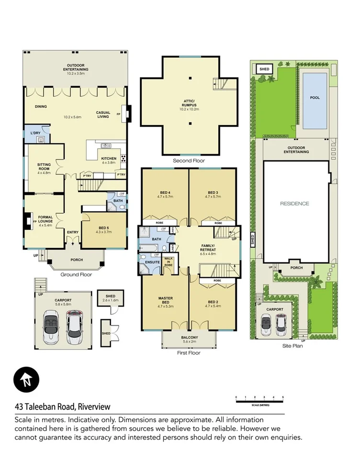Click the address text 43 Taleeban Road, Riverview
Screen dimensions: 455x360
(x=62, y=407)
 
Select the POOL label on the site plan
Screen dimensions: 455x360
(x=315, y=98)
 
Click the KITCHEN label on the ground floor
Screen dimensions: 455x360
(x=109, y=159)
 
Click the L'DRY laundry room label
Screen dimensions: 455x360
(x=35, y=132)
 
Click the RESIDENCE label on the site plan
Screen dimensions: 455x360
(x=294, y=204)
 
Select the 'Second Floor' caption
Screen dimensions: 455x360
(x=189, y=161)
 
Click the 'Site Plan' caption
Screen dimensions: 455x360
(x=292, y=345)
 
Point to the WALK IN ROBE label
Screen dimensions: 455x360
(x=169, y=261)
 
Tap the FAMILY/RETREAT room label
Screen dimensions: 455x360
(x=211, y=248)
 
